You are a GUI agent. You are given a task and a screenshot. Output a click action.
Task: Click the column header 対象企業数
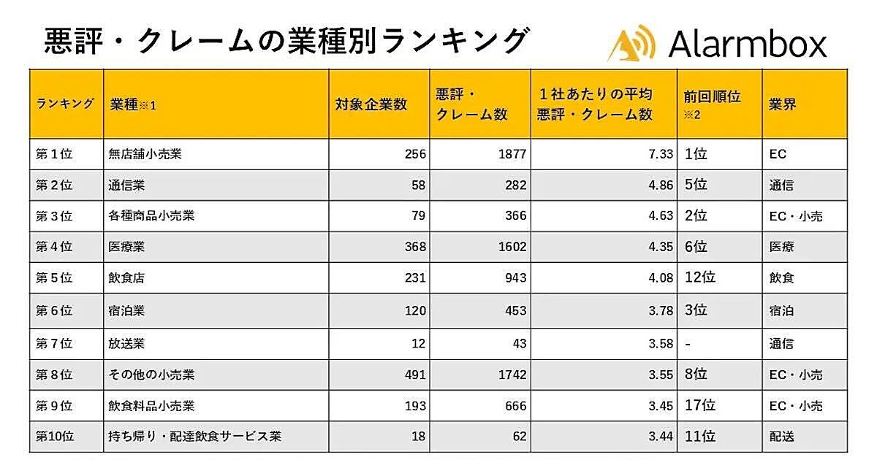[x=371, y=104]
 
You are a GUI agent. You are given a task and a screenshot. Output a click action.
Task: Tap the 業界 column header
[x=782, y=104]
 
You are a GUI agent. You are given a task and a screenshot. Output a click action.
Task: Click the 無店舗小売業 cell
[x=145, y=155]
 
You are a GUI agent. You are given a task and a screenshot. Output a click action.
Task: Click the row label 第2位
[x=54, y=185]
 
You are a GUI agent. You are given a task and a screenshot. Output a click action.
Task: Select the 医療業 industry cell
[x=126, y=248]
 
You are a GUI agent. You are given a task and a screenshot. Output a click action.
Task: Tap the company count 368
[x=414, y=248]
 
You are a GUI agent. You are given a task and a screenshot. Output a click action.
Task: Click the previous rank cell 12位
[x=699, y=278]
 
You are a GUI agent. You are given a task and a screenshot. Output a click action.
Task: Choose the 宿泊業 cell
[x=126, y=310]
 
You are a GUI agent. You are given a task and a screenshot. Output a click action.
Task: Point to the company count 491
[x=414, y=375]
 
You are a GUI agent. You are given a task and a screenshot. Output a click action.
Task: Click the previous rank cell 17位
[x=699, y=405]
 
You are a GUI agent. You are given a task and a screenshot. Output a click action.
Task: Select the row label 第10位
[x=55, y=437]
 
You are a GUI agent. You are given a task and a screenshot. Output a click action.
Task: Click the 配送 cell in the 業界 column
[x=781, y=437]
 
